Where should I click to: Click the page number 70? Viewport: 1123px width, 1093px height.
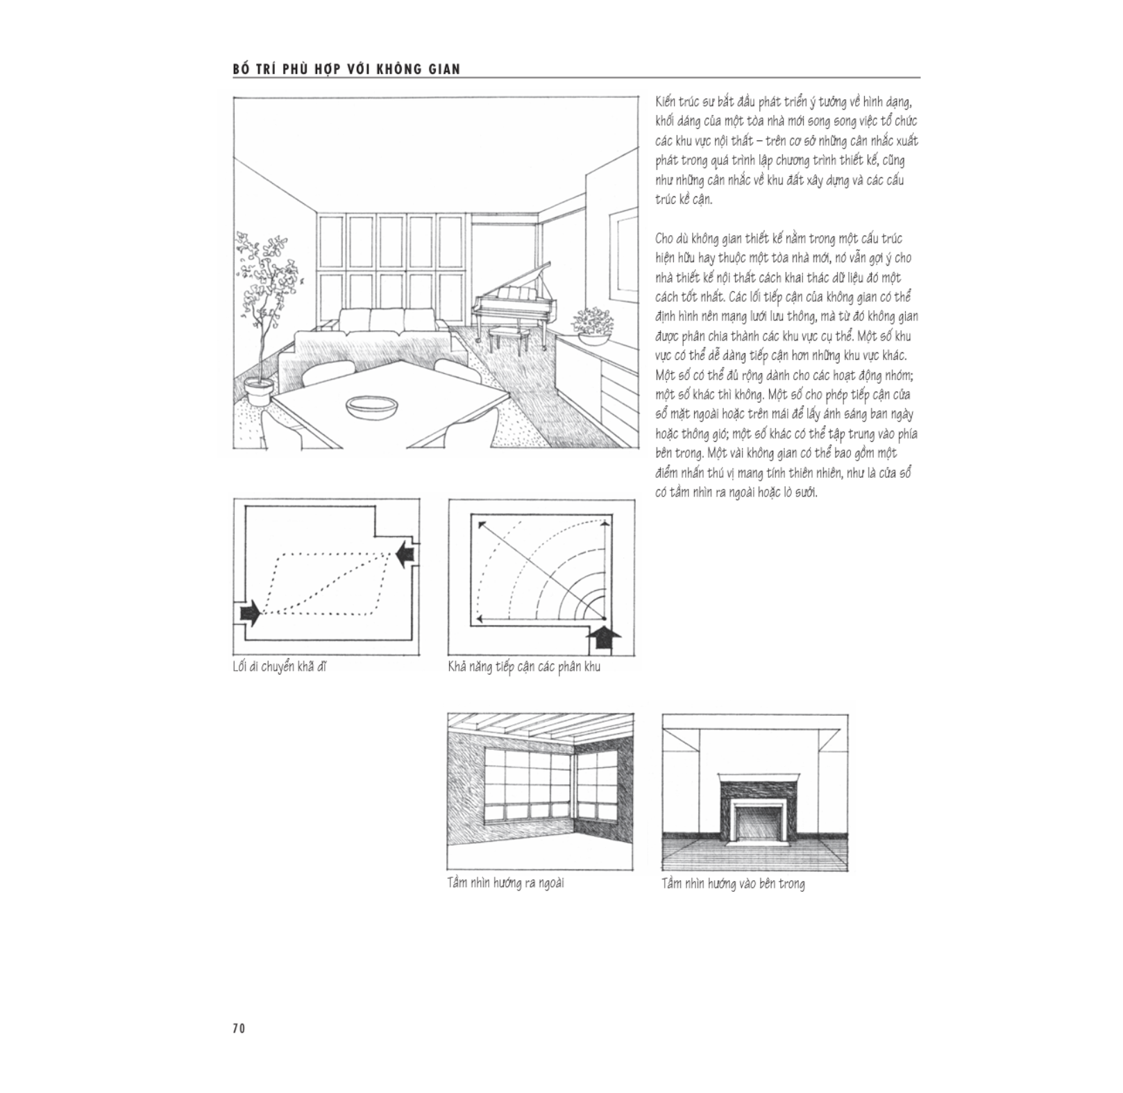pyautogui.click(x=239, y=1028)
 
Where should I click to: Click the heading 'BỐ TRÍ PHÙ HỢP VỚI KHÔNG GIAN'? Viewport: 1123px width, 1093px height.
pyautogui.click(x=346, y=69)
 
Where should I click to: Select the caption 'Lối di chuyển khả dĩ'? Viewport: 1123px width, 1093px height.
pyautogui.click(x=280, y=667)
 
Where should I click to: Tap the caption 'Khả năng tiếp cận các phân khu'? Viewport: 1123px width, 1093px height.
pyautogui.click(x=524, y=667)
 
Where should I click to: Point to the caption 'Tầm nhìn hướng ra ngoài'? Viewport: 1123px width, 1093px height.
pyautogui.click(x=505, y=884)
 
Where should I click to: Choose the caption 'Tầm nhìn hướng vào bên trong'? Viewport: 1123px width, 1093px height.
pyautogui.click(x=733, y=884)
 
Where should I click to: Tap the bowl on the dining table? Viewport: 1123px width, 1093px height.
pyautogui.click(x=373, y=405)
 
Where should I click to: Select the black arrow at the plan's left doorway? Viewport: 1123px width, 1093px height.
pyautogui.click(x=249, y=612)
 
